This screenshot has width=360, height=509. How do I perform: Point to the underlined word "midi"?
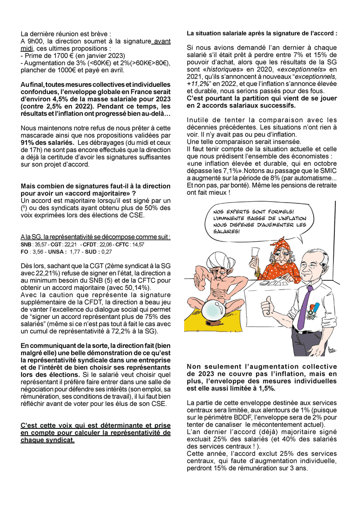click(x=27, y=48)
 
